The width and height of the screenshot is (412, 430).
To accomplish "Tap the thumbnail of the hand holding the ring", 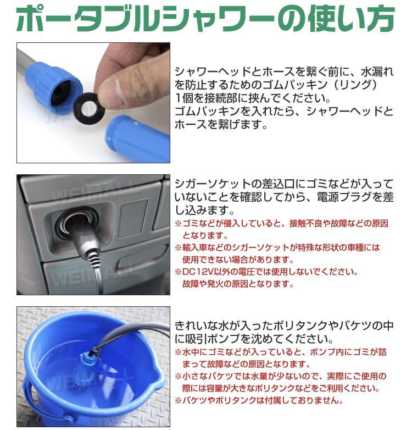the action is pos(93,103).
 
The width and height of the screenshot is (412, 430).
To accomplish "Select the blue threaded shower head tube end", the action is pos(136,139).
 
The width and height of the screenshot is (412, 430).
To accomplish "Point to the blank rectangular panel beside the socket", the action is pos(133,218).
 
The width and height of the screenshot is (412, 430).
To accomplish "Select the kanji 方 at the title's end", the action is pos(380,19).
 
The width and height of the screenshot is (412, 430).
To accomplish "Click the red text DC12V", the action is pos(198,272).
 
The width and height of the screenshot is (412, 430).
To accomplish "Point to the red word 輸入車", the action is pos(195,247).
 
